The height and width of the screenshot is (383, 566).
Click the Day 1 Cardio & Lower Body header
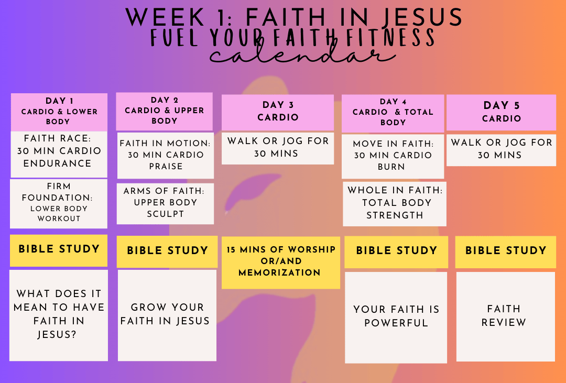(59, 112)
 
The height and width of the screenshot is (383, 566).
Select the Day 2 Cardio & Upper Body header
(164, 111)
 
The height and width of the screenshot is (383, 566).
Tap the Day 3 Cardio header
(278, 112)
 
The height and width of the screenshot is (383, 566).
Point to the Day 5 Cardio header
(502, 112)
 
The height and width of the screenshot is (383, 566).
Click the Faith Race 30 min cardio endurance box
(59, 154)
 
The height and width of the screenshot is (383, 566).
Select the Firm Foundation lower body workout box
(59, 204)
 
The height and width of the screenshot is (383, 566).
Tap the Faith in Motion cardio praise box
(165, 156)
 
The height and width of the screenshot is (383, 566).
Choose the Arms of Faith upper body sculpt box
(165, 204)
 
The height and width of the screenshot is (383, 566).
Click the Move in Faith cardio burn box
(393, 156)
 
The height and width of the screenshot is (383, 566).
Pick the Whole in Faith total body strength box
(395, 204)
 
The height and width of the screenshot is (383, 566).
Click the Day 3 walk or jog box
(278, 148)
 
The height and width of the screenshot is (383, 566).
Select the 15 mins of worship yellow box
(281, 262)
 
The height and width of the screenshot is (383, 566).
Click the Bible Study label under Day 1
(59, 250)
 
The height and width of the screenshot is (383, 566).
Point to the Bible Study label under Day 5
(506, 252)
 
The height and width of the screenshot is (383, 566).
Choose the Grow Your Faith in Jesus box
(167, 315)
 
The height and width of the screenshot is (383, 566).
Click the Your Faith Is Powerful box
(396, 318)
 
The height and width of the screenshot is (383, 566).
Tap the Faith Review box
(506, 316)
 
